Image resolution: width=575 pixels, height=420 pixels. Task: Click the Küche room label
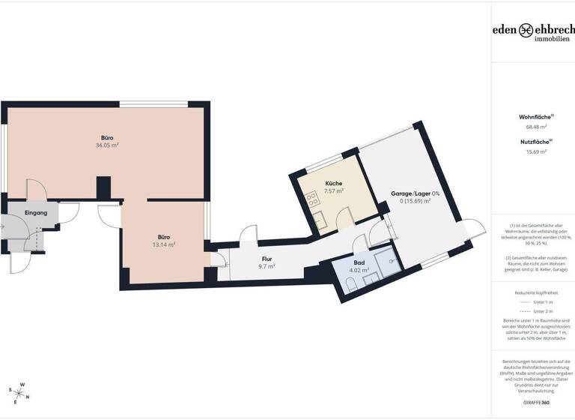click(x=334, y=184)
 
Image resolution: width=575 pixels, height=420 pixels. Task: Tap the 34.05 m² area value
click(x=108, y=145)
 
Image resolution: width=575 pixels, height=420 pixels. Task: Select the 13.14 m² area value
click(x=163, y=244)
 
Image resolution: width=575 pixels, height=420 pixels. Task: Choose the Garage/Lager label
click(x=415, y=193)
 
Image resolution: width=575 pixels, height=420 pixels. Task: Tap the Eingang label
click(x=36, y=213)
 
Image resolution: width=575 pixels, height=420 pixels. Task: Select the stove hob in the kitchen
click(x=310, y=199)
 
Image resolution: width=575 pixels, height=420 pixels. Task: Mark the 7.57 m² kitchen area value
click(x=334, y=191)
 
